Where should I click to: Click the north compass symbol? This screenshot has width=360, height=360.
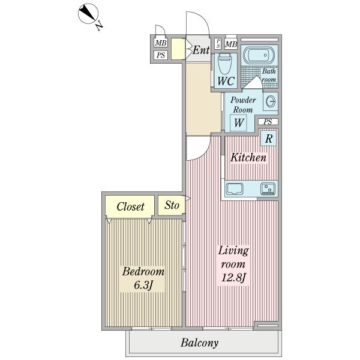88,14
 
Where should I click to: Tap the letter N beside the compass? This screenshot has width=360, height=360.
99,25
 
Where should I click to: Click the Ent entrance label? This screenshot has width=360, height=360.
201,50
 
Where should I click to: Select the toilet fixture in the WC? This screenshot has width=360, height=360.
224,64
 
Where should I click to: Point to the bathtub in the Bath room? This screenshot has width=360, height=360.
259,55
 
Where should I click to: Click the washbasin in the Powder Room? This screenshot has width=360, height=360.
271,101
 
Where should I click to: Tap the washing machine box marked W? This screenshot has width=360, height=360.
239,123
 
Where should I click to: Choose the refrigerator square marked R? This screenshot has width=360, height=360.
268,139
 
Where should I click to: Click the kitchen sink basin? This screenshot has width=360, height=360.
235,189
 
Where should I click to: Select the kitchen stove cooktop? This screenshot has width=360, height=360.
268,189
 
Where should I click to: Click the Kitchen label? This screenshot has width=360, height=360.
248,157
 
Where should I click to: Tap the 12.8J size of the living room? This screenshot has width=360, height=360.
233,278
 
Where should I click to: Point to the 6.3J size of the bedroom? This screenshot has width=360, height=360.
143,286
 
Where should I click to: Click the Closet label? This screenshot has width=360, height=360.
130,206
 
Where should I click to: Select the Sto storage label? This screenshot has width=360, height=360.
172,205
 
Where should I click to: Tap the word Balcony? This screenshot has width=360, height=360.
199,343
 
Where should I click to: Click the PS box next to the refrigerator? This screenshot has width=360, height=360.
268,122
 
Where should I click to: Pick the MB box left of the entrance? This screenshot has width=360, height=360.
161,43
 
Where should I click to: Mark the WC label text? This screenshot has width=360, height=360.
226,81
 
